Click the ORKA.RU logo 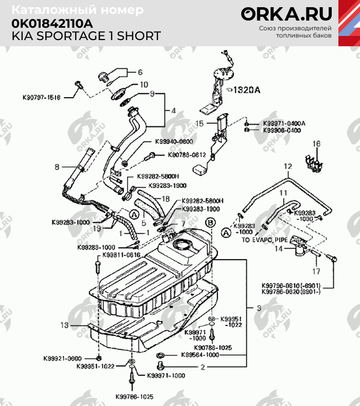tap(286, 14)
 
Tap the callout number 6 tap(139, 72)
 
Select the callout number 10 tap(144, 84)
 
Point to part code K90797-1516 tap(42, 97)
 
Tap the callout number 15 tap(201, 123)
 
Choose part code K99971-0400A tap(284, 124)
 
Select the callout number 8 tap(57, 167)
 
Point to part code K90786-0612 tap(187, 155)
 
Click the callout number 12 tap(288, 167)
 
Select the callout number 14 tap(278, 249)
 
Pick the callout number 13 tap(64, 325)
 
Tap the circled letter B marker tap(210, 223)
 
